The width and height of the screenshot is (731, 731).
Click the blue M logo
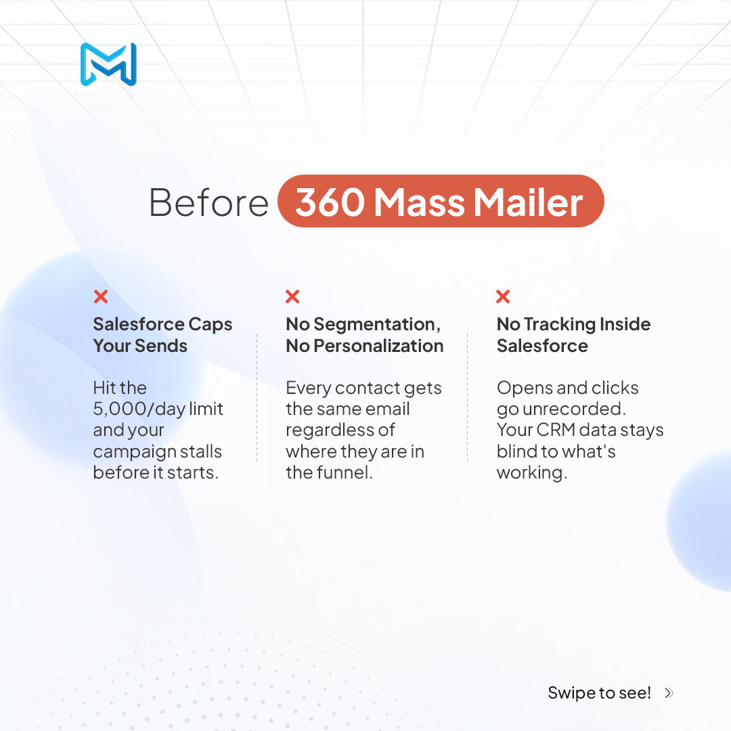[108, 64]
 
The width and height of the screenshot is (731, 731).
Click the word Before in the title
[208, 202]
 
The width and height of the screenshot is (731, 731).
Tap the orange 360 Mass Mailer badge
[440, 201]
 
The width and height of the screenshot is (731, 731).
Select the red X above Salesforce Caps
[101, 296]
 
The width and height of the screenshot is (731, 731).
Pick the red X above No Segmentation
[292, 296]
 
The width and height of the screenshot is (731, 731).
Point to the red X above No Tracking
[503, 296]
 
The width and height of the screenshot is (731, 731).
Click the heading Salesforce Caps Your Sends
[162, 335]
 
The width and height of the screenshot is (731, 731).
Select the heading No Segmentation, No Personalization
[364, 335]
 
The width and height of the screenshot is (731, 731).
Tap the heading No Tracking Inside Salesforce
[573, 335]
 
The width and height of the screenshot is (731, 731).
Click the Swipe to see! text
[599, 692]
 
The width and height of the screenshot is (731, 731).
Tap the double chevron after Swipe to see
[669, 692]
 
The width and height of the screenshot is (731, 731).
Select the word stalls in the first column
[202, 451]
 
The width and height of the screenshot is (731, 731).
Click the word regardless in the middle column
[340, 430]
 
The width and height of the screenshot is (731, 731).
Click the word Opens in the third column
[523, 388]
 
